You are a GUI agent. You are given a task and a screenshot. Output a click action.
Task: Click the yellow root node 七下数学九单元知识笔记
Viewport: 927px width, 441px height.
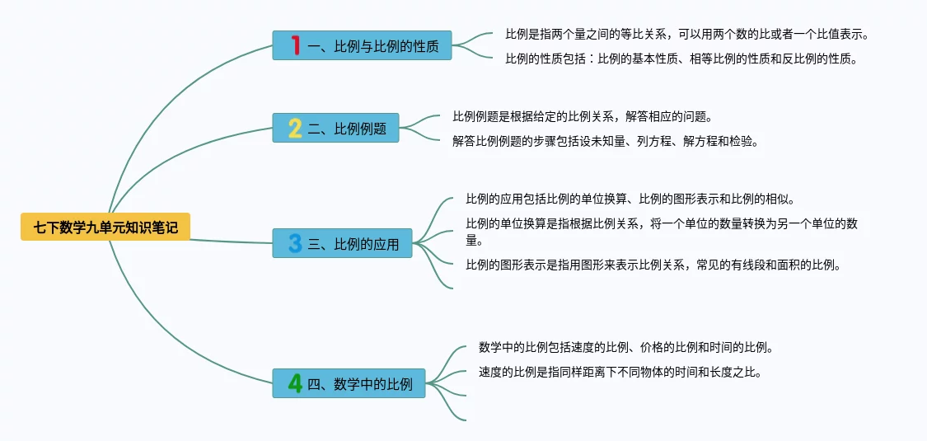click(x=105, y=227)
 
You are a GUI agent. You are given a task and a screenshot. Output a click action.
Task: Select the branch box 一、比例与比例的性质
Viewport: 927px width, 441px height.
click(x=363, y=45)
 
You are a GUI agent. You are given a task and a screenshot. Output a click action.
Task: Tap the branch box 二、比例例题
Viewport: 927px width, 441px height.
click(x=335, y=128)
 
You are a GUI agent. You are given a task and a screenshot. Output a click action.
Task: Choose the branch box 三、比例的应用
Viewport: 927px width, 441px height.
click(x=342, y=243)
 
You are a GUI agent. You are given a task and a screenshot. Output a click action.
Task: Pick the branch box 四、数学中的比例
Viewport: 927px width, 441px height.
click(x=349, y=383)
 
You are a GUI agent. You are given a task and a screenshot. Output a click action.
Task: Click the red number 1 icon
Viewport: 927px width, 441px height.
click(x=295, y=45)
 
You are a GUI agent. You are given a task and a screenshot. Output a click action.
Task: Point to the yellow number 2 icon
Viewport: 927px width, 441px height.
click(x=295, y=128)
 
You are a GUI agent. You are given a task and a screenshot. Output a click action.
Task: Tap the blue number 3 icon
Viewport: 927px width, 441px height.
click(x=295, y=243)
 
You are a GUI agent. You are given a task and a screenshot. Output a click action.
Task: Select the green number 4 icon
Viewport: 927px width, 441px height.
click(x=295, y=383)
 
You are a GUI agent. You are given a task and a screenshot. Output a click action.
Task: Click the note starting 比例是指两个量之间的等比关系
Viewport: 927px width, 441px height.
click(x=686, y=35)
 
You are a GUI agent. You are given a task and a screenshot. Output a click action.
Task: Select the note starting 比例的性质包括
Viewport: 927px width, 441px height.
click(x=681, y=59)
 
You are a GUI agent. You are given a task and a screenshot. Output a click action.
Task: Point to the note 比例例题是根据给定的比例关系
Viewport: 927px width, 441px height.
click(x=582, y=117)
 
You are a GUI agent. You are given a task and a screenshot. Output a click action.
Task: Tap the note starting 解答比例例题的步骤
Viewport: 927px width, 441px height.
click(x=604, y=141)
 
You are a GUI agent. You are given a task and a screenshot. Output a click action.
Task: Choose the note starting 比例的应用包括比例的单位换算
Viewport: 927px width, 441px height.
click(x=630, y=199)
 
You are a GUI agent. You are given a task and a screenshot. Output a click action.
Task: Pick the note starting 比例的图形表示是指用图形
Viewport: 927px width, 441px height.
click(x=653, y=265)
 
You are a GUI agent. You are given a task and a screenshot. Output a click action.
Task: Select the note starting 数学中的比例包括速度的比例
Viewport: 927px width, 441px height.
click(x=625, y=348)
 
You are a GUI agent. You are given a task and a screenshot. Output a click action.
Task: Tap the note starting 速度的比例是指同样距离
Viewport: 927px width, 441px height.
click(x=619, y=372)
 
